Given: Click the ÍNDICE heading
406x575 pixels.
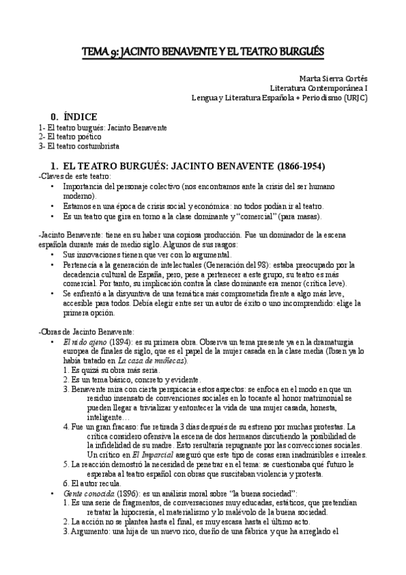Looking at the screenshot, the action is [81, 117].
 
